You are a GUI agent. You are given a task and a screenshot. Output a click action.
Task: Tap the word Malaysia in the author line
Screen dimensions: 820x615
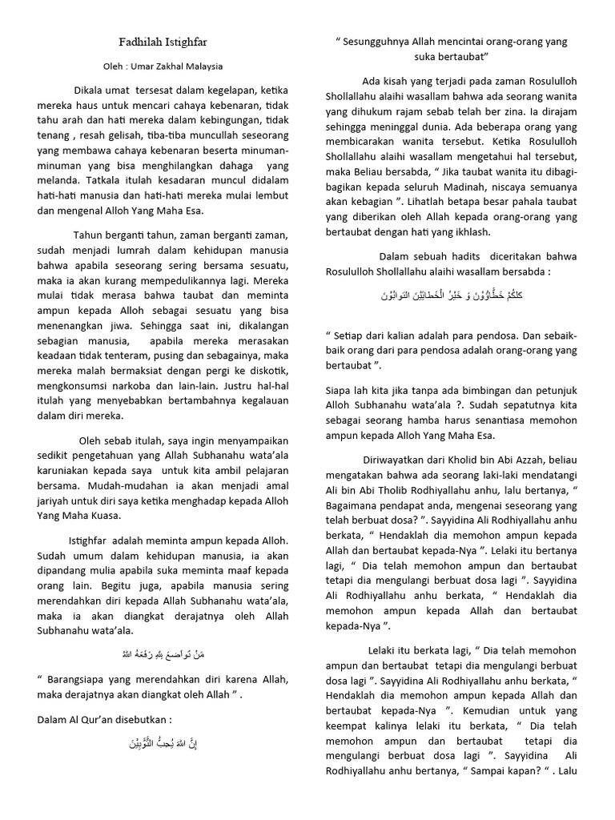tap(203, 66)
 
